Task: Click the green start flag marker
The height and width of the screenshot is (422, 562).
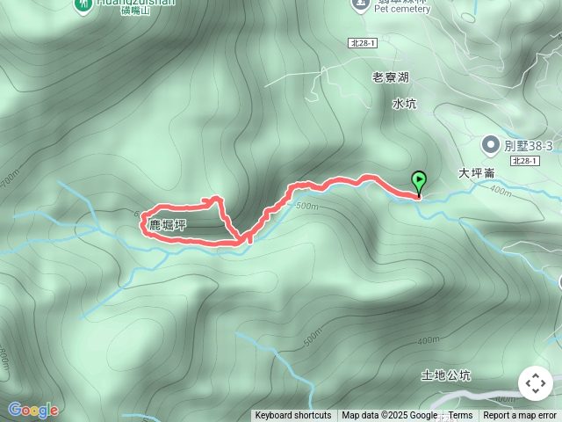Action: point(419,182)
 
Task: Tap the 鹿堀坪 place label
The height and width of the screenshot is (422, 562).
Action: point(167,226)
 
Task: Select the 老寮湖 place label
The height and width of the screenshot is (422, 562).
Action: point(391,77)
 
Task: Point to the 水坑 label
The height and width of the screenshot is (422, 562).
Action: point(404,104)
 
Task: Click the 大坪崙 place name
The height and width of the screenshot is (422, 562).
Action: point(477,173)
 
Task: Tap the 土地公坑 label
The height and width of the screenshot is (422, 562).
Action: point(446,375)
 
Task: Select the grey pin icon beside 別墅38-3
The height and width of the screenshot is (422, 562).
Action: point(490,143)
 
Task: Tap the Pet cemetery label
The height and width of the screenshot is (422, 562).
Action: point(401,10)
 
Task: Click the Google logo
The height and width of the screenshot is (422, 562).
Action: point(32,410)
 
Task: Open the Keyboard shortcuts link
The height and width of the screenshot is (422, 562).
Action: point(293,416)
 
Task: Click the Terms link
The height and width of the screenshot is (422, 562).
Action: point(460,416)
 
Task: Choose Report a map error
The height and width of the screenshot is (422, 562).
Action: point(520,416)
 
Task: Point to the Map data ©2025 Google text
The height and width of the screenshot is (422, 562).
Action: point(389,416)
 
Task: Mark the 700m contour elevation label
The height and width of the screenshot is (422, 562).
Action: point(9,178)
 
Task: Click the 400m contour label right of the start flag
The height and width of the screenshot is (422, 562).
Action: point(501,190)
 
